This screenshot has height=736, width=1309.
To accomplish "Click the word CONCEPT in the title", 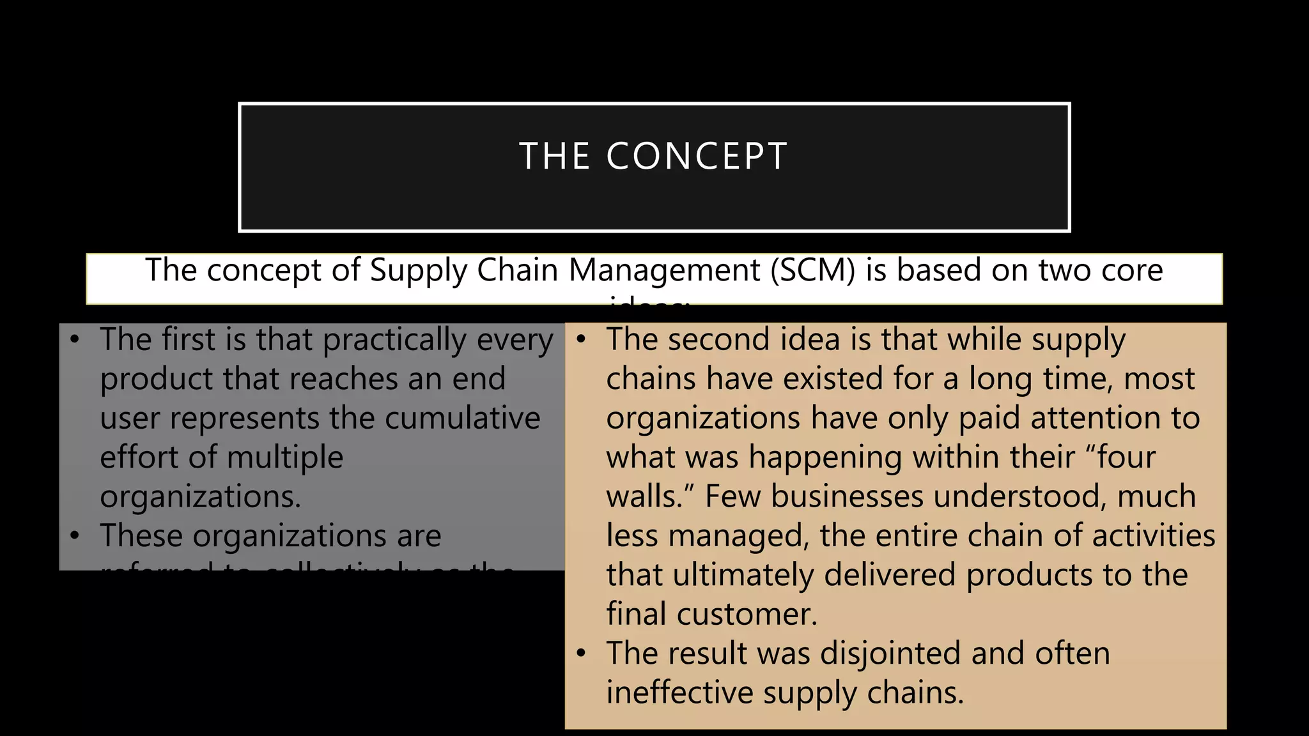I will (x=697, y=157).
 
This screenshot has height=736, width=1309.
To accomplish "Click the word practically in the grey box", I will (x=394, y=341).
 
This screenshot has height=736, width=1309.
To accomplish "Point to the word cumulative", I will (x=462, y=418).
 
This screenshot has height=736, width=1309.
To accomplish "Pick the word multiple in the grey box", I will (x=284, y=457).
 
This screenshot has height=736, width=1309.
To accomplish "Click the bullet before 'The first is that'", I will (x=75, y=339).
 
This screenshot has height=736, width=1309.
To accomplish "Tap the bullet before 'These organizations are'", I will (x=75, y=535).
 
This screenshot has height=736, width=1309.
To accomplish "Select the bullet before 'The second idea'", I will (x=581, y=339).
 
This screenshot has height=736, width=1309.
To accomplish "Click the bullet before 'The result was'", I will (x=581, y=653).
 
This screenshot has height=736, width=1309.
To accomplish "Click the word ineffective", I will (x=679, y=693).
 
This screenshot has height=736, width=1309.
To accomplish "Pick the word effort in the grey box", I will (x=139, y=457).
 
